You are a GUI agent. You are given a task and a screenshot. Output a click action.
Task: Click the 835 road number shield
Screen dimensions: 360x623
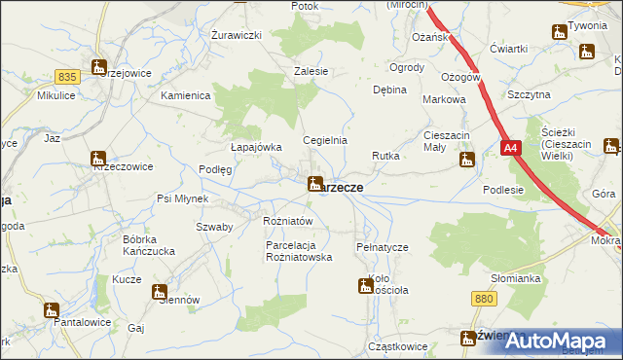click(66, 76)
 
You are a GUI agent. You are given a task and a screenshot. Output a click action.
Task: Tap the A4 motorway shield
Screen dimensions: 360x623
click(512, 148)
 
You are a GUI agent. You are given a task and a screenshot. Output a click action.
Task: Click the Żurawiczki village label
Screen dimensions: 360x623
click(238, 34)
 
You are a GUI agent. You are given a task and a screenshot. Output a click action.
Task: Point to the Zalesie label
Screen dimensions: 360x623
click(311, 71)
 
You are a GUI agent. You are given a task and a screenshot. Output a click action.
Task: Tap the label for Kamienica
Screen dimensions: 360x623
click(186, 95)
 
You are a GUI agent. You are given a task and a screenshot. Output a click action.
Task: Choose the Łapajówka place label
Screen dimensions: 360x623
click(256, 147)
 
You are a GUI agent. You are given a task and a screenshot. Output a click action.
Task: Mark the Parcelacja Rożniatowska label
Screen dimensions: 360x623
click(300, 251)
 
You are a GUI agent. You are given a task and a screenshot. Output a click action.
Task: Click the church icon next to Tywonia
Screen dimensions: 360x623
click(559, 32)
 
